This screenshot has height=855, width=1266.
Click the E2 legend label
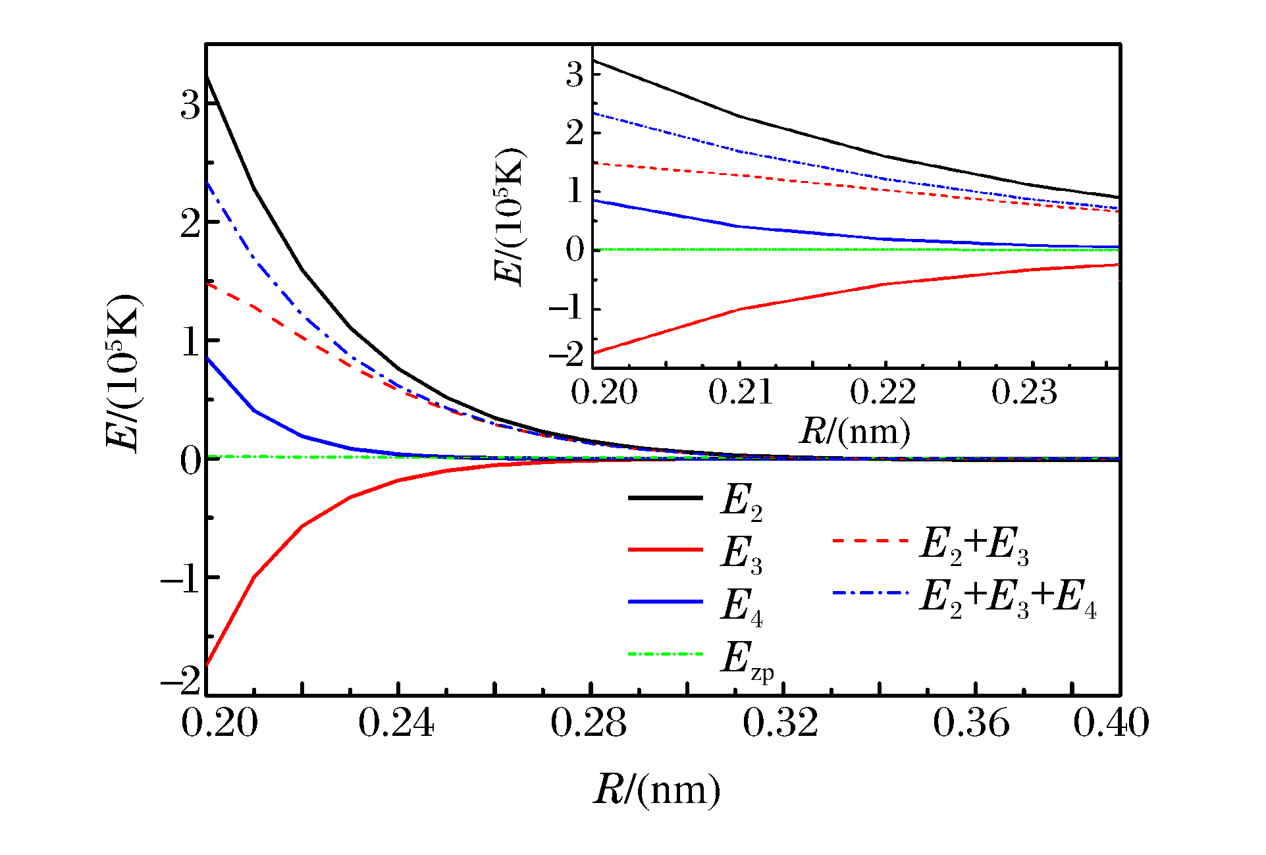(x=741, y=502)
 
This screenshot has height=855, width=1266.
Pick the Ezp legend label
(x=747, y=660)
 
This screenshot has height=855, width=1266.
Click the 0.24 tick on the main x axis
(x=396, y=723)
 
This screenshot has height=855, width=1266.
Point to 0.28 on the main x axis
(x=589, y=723)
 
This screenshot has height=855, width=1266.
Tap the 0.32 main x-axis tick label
(x=781, y=723)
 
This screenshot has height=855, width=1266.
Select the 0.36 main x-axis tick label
(x=972, y=723)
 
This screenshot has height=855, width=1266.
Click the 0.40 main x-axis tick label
(x=1111, y=723)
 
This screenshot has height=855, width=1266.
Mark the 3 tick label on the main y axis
(x=190, y=105)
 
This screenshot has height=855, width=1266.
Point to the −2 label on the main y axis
(x=180, y=681)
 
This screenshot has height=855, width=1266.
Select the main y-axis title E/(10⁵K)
(x=123, y=373)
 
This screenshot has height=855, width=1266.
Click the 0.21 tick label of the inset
(x=741, y=393)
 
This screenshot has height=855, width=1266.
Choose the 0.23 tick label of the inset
(x=1024, y=393)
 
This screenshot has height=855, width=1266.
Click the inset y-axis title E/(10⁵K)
(x=510, y=217)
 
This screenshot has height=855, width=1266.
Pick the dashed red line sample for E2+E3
(x=870, y=540)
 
